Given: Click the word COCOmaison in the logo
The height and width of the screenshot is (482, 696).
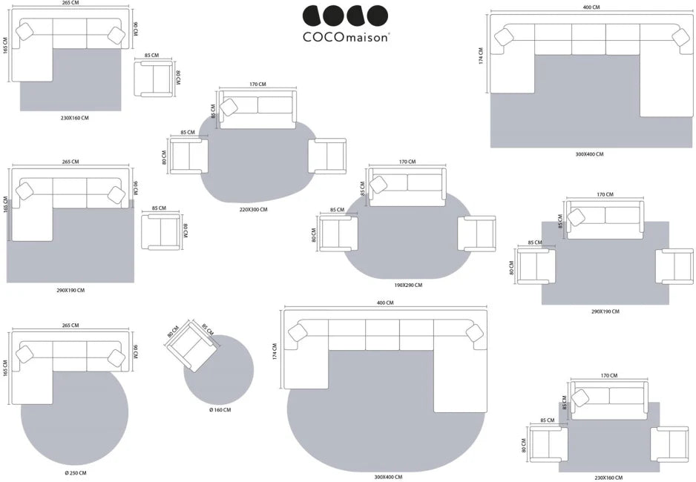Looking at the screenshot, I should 345,36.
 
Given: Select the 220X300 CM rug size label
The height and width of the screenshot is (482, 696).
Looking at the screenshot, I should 253,210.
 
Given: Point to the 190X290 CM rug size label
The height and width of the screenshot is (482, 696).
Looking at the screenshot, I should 408,285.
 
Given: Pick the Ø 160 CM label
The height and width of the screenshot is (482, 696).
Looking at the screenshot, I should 220,410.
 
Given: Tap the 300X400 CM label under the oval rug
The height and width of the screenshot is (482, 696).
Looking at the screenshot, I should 388,477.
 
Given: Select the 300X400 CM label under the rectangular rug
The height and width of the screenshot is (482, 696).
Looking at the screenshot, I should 590,154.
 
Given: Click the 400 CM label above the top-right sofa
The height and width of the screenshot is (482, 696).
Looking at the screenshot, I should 591,7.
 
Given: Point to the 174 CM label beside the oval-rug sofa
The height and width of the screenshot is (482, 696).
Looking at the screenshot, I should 275,351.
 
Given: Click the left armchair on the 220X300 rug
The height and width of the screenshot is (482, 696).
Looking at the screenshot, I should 188,157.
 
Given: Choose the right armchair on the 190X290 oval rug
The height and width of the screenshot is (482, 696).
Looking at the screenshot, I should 477,234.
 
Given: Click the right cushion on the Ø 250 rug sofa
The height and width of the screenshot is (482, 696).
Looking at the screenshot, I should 116,357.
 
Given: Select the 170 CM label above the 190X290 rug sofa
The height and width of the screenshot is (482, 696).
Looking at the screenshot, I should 407,162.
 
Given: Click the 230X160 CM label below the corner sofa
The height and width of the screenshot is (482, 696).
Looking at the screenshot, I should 74,117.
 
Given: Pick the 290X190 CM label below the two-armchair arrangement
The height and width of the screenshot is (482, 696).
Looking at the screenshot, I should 605,311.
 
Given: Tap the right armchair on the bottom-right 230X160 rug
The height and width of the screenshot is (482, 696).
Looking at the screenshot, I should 670,443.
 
